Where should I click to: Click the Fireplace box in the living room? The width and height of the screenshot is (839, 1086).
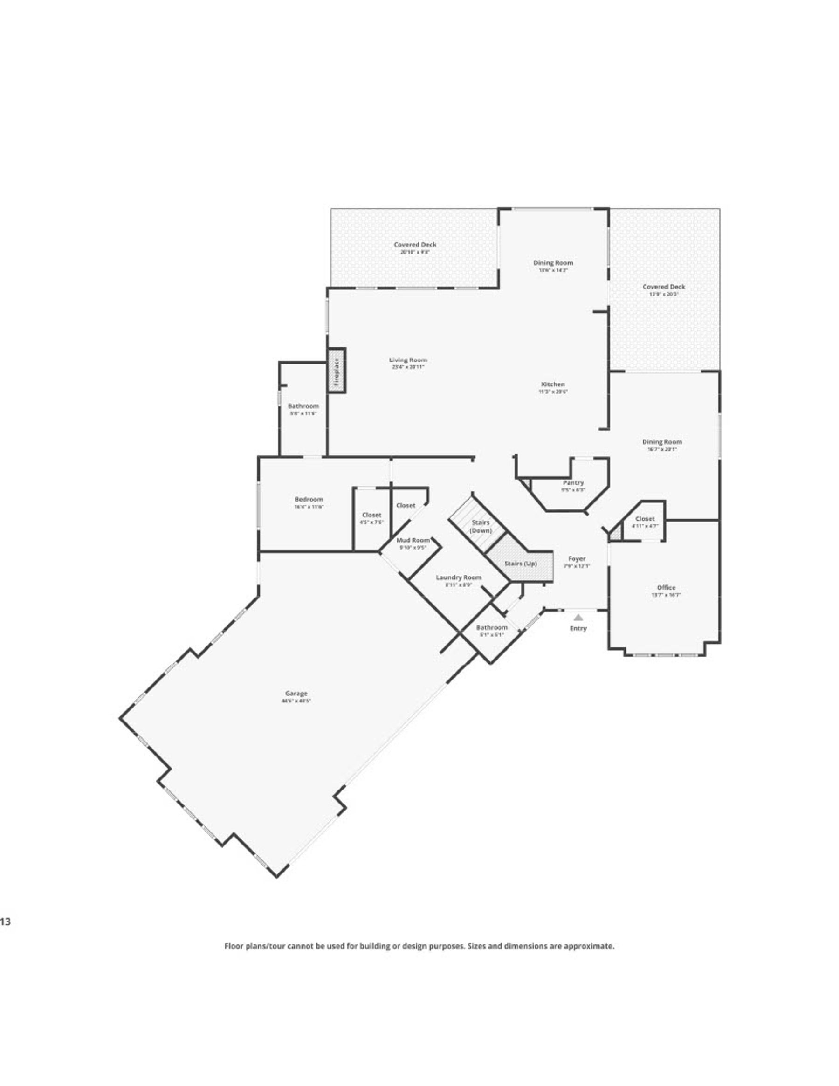[336, 371]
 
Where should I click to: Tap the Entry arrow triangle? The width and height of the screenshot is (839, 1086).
[578, 617]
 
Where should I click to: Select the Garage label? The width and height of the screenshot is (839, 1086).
[296, 693]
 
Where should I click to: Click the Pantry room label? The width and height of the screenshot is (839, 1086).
[573, 483]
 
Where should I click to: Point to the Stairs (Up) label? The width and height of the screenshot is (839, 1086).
[520, 564]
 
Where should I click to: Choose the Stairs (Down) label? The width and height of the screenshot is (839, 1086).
[481, 527]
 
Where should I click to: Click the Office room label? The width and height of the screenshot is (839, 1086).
[666, 587]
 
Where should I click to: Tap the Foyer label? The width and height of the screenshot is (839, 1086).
[577, 559]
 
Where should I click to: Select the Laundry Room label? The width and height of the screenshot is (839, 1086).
[458, 577]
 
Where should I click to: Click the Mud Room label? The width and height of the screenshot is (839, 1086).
[413, 540]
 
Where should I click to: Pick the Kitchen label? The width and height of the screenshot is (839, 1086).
[552, 385]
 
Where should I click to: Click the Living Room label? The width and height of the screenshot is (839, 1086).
[408, 360]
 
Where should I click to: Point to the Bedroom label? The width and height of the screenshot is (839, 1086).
[309, 499]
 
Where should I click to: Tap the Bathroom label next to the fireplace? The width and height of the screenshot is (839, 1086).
[303, 406]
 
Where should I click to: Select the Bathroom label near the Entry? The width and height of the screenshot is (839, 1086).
[491, 627]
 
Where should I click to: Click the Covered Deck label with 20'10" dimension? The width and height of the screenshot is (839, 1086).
[415, 245]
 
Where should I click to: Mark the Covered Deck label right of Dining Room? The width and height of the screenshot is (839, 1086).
[663, 287]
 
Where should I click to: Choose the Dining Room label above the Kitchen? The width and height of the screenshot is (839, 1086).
[553, 262]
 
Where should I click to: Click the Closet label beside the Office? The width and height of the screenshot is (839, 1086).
[645, 519]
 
